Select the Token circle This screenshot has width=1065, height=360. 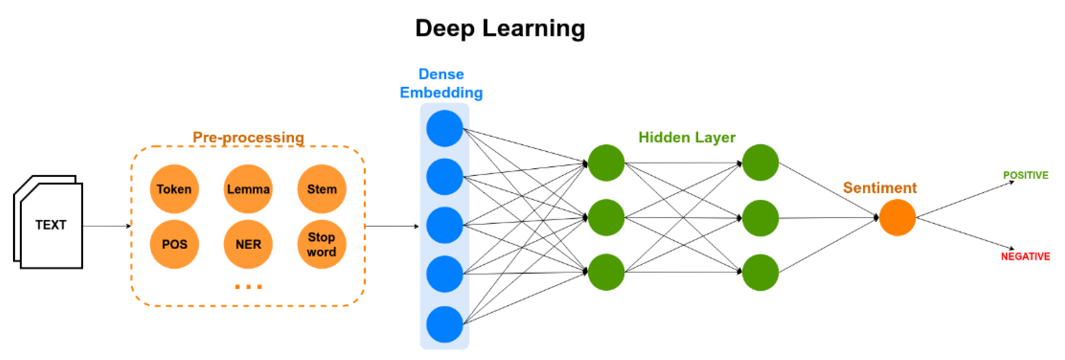click(x=174, y=189)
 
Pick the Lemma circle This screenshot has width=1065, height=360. click(x=248, y=189)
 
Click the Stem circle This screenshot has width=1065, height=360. click(x=322, y=189)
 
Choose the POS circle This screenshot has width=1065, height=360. click(x=174, y=244)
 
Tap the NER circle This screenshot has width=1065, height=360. click(x=248, y=244)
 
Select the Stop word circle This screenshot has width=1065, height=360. click(x=322, y=244)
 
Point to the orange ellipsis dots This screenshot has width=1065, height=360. click(x=249, y=287)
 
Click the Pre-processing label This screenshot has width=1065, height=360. click(x=249, y=137)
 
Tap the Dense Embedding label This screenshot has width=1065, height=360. click(x=441, y=84)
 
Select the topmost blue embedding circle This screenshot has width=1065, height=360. click(x=445, y=128)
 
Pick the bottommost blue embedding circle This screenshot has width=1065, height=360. click(x=445, y=325)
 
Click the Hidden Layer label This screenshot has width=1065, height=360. click(x=687, y=137)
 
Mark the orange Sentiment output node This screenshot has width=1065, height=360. click(x=897, y=217)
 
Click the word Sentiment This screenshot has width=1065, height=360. click(x=880, y=188)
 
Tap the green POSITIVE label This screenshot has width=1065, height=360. click(x=1026, y=175)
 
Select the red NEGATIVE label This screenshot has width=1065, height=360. click(x=1025, y=257)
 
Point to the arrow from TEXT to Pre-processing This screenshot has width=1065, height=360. click(x=107, y=226)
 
